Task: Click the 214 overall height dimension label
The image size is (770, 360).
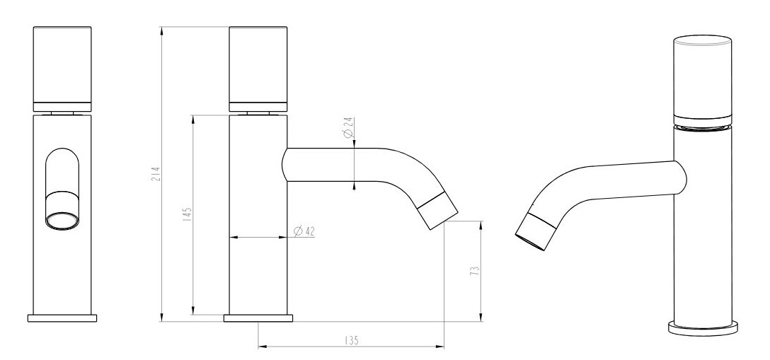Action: (156, 175)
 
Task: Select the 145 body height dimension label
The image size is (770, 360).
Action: (187, 215)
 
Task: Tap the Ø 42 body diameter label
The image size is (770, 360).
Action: (304, 231)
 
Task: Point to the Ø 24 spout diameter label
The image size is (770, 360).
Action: (348, 127)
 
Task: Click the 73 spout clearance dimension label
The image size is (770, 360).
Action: (474, 270)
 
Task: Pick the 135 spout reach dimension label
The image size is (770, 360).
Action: (352, 340)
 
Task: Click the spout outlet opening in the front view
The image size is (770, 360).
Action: (62, 220)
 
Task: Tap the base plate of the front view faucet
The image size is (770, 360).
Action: (62, 318)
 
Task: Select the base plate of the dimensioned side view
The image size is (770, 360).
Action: (258, 318)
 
